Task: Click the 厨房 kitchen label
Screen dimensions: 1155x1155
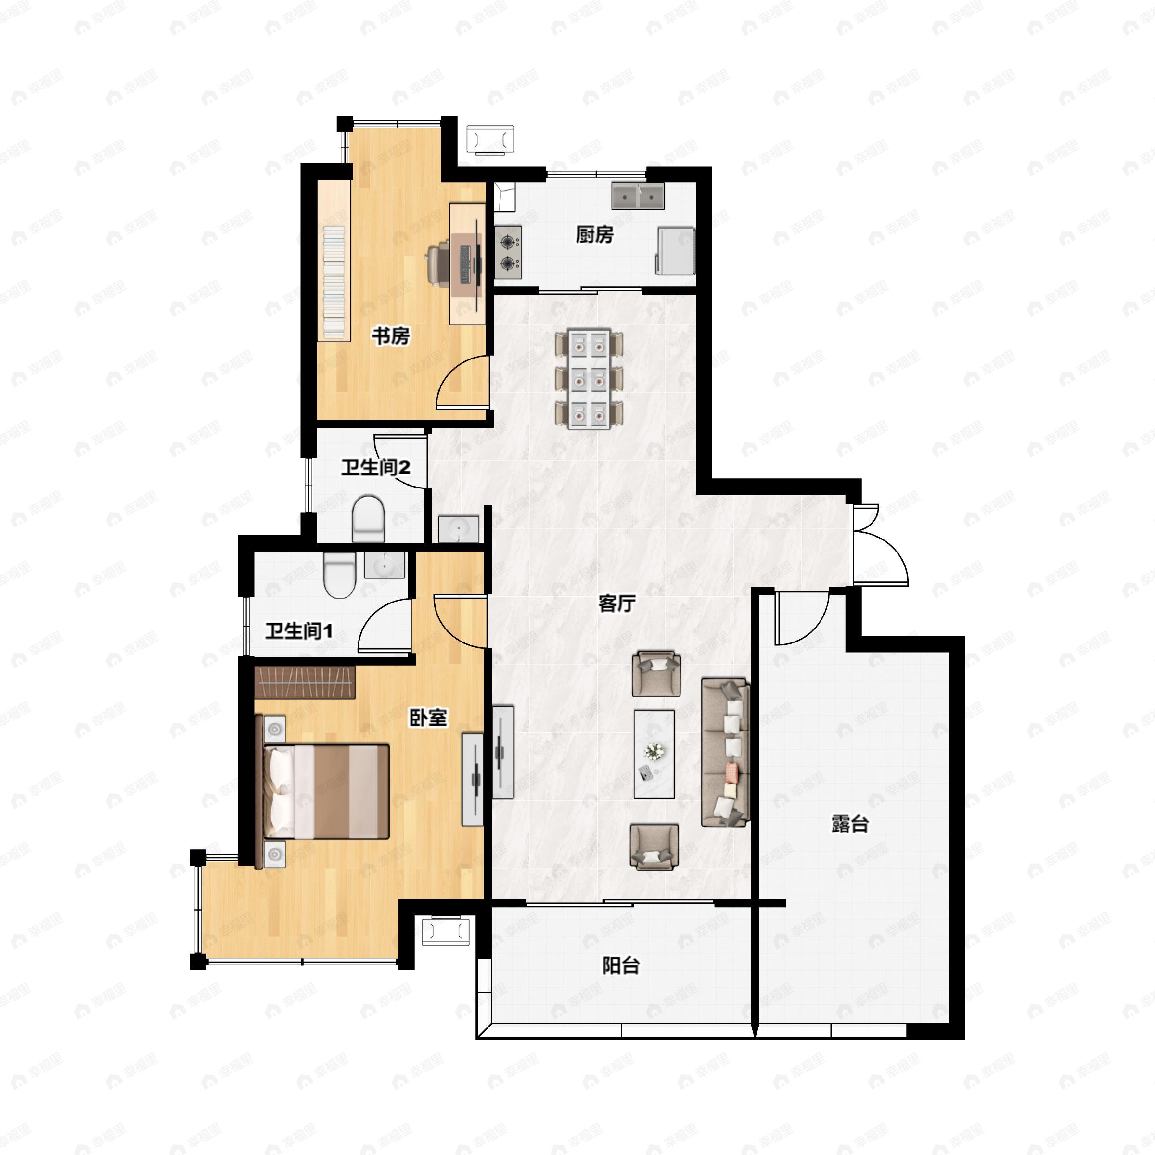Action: coord(594,235)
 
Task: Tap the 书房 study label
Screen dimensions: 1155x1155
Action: coord(390,336)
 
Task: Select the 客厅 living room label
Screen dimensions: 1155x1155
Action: coord(616,604)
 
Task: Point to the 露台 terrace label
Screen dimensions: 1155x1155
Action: coord(849,824)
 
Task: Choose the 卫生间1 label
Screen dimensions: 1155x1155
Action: coord(299,631)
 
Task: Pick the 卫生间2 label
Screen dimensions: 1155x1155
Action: coord(375,467)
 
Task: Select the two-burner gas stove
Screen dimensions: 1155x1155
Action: coord(508,252)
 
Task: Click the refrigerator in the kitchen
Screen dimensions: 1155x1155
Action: coord(676,250)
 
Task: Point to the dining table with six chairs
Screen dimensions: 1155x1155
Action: coord(590,378)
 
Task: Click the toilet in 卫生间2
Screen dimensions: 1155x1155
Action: coord(368,518)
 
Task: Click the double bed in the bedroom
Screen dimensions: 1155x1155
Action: coord(326,791)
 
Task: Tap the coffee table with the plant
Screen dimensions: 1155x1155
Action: coord(654,755)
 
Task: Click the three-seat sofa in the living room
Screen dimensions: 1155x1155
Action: coord(725,753)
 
